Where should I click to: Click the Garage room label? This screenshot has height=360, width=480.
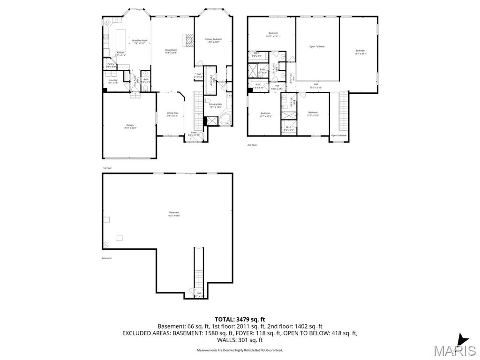click(129, 126)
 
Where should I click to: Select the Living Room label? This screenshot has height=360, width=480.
click(171, 51)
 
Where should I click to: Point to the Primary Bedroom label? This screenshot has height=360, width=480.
click(213, 40)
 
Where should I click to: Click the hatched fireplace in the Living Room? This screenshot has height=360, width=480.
click(188, 41)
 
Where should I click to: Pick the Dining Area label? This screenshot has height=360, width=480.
click(172, 113)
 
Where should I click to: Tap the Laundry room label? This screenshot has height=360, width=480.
click(113, 81)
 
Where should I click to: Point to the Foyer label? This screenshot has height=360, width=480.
click(194, 133)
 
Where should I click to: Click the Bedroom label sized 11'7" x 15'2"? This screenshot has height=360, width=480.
click(266, 113)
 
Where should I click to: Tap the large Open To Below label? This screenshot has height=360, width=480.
click(317, 46)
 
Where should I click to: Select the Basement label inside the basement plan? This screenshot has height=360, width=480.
click(174, 213)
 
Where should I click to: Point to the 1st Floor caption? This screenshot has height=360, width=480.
click(107, 168)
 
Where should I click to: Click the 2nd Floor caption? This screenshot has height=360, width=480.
click(252, 145)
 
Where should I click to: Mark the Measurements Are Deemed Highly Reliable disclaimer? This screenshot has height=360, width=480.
click(240, 350)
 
